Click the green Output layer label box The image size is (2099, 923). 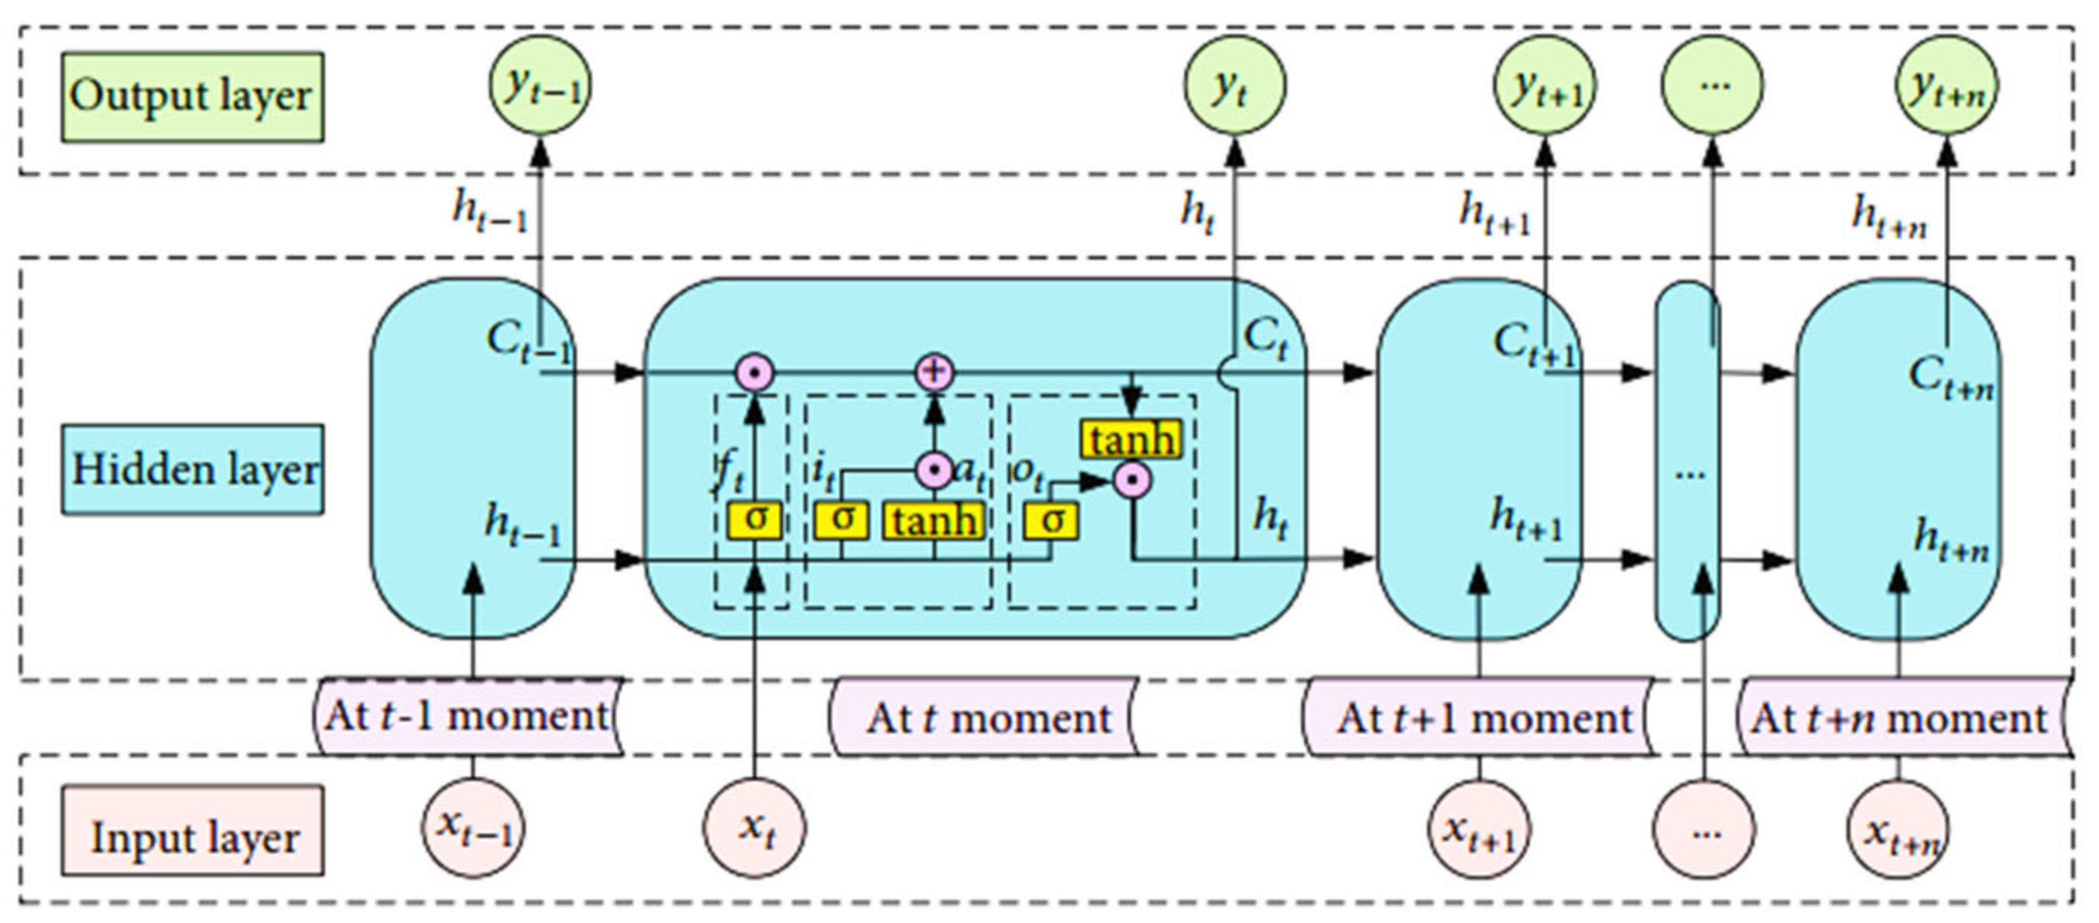point(193,97)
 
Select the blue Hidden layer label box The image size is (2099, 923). point(193,469)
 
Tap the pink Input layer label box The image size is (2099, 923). point(193,831)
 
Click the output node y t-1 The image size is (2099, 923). point(540,85)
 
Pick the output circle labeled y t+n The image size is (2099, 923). point(1947,85)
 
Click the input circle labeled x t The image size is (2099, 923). point(755,829)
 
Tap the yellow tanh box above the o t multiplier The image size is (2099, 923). point(1133,440)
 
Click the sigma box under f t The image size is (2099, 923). point(755,520)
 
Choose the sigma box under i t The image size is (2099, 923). point(842,520)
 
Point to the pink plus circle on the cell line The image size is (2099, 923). point(935,373)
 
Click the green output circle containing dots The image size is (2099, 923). point(1712,85)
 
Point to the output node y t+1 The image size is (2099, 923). point(1545,85)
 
